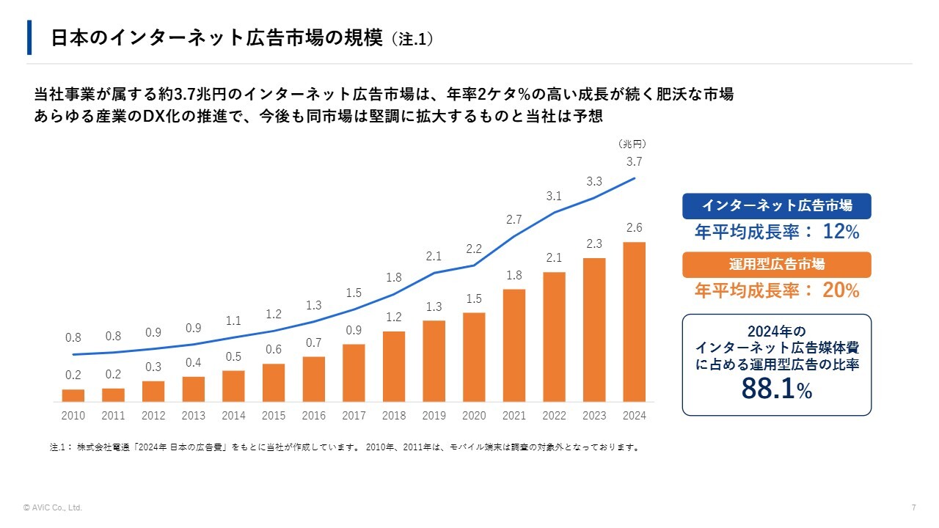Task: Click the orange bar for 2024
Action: tap(634, 322)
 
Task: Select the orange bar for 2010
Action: tap(73, 395)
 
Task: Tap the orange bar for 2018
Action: tap(394, 367)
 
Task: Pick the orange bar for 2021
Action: tap(514, 345)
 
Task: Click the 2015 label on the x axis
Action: tap(274, 416)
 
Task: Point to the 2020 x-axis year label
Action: tap(474, 416)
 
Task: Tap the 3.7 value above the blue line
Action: tap(634, 162)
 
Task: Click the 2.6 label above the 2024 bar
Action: tap(634, 229)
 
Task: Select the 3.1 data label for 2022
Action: tap(554, 197)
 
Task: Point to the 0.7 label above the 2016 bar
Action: tap(314, 342)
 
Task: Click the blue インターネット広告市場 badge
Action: tap(776, 206)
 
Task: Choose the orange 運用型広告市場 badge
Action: tap(776, 265)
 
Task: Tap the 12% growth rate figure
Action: tap(841, 232)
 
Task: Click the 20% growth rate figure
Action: tap(841, 290)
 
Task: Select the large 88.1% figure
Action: tap(776, 389)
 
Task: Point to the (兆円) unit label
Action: tap(632, 144)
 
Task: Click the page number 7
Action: tap(913, 507)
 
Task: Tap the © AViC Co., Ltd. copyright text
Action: tap(53, 507)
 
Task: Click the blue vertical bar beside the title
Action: tap(29, 37)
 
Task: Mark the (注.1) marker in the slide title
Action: tap(412, 39)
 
